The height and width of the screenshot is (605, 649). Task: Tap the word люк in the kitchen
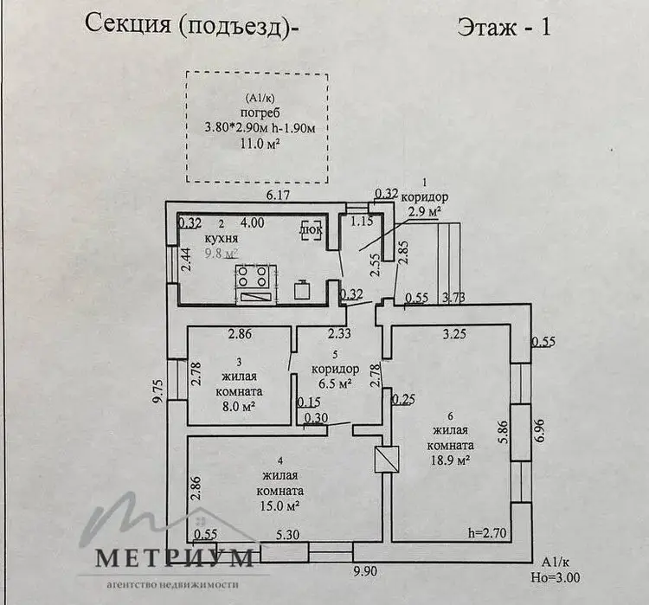[311, 230]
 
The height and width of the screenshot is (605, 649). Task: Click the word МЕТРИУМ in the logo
[174, 557]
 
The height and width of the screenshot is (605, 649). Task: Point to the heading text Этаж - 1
[503, 25]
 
